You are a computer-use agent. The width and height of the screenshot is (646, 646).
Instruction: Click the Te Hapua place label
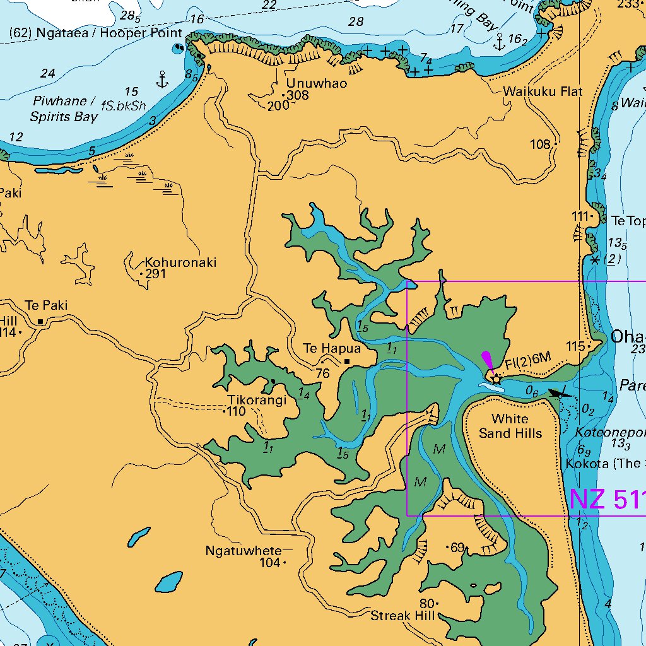click(x=332, y=348)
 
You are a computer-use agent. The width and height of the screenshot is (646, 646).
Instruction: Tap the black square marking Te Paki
click(x=40, y=321)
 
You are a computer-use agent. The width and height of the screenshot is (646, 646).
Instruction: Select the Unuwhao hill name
click(x=316, y=83)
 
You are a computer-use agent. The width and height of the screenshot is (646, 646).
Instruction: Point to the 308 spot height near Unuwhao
click(x=297, y=95)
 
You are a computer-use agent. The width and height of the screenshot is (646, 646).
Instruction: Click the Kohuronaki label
click(x=180, y=262)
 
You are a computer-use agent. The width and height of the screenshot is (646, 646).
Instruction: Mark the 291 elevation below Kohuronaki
click(x=155, y=274)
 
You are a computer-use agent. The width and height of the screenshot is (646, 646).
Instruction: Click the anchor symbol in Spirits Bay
click(x=162, y=79)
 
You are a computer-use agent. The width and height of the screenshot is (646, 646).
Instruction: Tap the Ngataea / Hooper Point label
click(x=96, y=33)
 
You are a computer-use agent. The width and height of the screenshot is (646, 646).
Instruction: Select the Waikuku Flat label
click(x=543, y=91)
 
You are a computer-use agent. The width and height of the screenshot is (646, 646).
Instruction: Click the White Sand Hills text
click(x=510, y=426)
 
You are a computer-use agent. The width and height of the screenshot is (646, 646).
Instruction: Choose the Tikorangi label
click(x=257, y=401)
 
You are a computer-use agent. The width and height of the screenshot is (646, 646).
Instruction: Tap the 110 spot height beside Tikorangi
click(x=236, y=412)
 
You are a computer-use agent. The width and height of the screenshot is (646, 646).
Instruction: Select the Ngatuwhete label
click(x=243, y=551)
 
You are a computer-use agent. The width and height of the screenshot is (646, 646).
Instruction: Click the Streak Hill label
click(x=402, y=616)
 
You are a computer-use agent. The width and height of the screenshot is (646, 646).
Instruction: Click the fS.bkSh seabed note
click(x=128, y=105)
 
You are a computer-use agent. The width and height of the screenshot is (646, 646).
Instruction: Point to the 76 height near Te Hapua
click(x=322, y=373)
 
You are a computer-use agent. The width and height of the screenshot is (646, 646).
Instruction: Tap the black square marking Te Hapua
click(x=346, y=361)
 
